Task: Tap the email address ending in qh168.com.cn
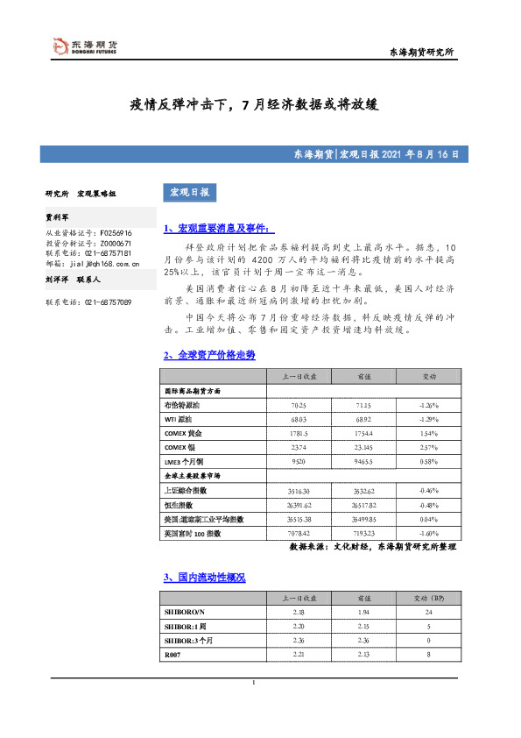94,262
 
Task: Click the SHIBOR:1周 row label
184,627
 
